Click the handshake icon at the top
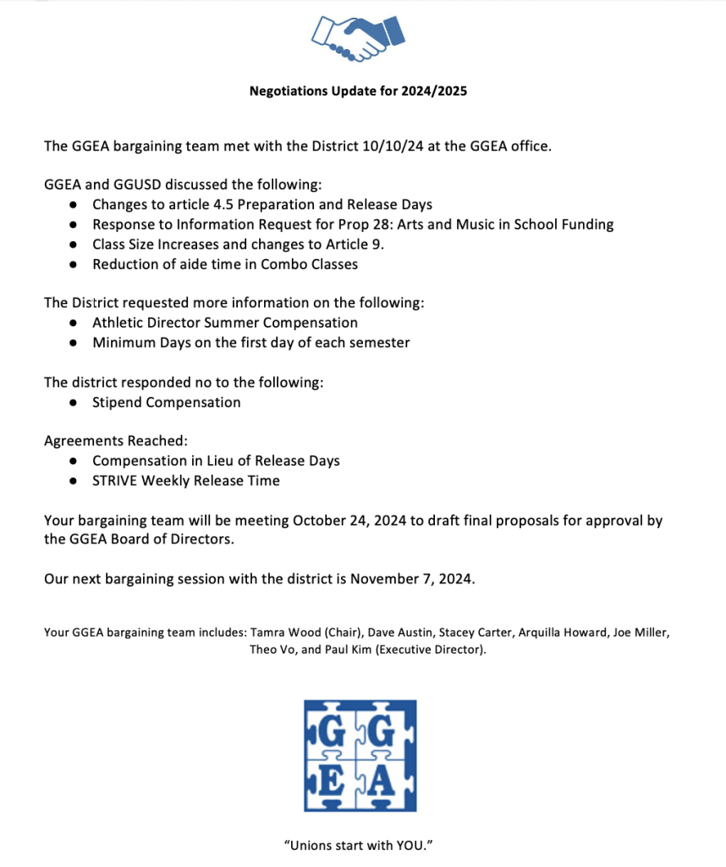[x=358, y=37]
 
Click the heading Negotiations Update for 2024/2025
[x=358, y=91]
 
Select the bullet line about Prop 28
[x=353, y=224]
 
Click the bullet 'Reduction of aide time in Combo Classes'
[x=224, y=264]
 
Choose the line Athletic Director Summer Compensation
[x=224, y=323]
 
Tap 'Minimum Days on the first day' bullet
[x=250, y=342]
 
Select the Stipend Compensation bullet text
[x=166, y=402]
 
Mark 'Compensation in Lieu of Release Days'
[x=216, y=461]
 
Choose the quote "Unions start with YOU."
[x=359, y=845]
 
